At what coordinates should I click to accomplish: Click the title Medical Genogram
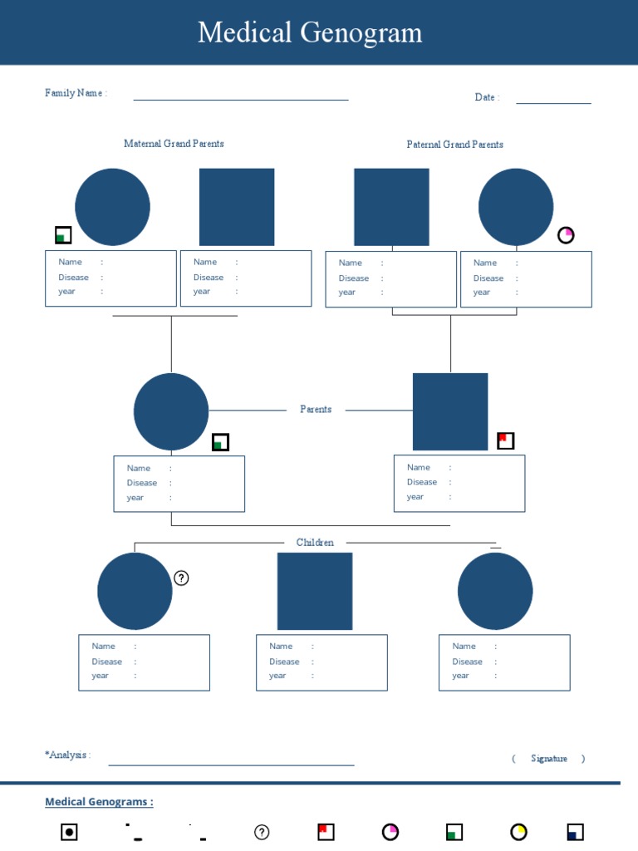pyautogui.click(x=310, y=33)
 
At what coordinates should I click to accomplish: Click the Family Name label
pyautogui.click(x=76, y=93)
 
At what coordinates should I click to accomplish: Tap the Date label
pyautogui.click(x=486, y=97)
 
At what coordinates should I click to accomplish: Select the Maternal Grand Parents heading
pyautogui.click(x=174, y=144)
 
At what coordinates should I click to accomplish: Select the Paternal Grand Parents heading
pyautogui.click(x=454, y=145)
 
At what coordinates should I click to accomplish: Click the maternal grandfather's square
pyautogui.click(x=237, y=207)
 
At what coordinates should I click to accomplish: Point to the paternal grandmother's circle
pyautogui.click(x=516, y=207)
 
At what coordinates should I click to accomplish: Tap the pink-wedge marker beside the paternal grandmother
pyautogui.click(x=566, y=235)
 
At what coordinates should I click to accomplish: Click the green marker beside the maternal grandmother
pyautogui.click(x=63, y=235)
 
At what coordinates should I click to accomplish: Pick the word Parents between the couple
pyautogui.click(x=316, y=410)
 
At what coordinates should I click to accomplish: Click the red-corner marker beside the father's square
pyautogui.click(x=505, y=440)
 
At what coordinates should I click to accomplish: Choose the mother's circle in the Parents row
pyautogui.click(x=171, y=412)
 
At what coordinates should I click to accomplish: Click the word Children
pyautogui.click(x=315, y=543)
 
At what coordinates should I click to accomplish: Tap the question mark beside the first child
pyautogui.click(x=181, y=578)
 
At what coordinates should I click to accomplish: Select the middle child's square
pyautogui.click(x=315, y=591)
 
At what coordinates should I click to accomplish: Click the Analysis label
pyautogui.click(x=67, y=755)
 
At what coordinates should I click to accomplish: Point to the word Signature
pyautogui.click(x=549, y=759)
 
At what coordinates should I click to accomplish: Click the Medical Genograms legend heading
pyautogui.click(x=99, y=802)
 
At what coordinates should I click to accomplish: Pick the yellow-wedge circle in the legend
pyautogui.click(x=519, y=832)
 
